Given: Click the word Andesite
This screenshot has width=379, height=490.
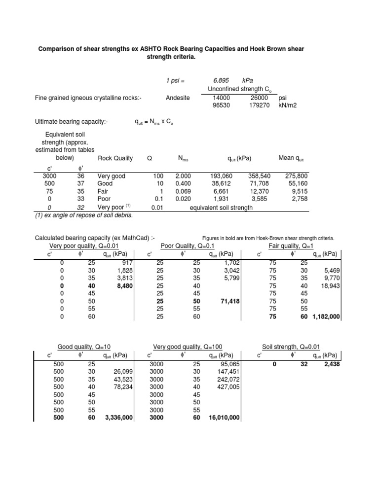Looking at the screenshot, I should (178, 98).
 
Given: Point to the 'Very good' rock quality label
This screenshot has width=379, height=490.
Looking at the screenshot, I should (112, 175).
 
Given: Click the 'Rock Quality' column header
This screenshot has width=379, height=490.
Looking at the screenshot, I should (115, 158).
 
